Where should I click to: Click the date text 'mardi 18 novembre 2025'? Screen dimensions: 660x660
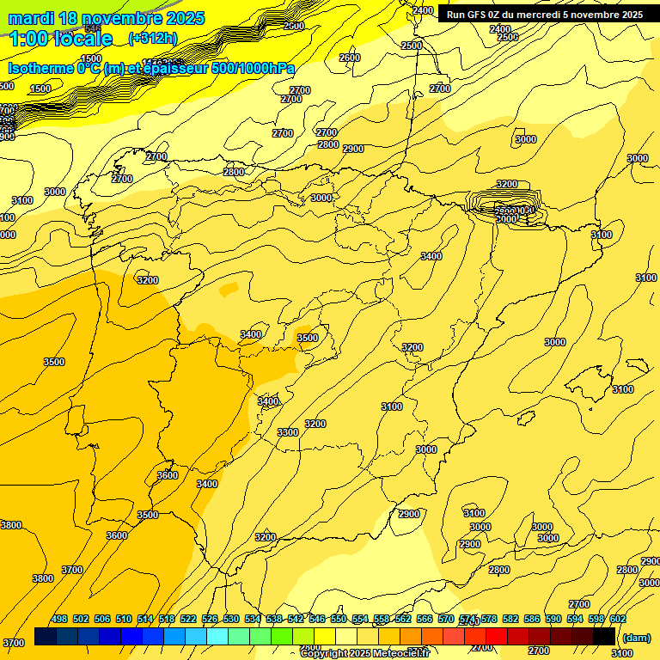click(106, 18)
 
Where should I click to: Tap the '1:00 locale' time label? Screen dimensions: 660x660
click(60, 39)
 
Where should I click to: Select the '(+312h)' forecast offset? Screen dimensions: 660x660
click(153, 39)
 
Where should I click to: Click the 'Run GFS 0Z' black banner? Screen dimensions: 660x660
click(544, 14)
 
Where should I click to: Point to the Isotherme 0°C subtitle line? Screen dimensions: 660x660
click(151, 68)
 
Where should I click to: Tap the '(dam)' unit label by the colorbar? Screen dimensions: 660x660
click(636, 637)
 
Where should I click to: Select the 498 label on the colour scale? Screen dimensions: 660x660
click(59, 619)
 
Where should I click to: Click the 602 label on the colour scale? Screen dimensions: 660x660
click(617, 619)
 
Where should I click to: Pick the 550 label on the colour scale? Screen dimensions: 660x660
click(339, 619)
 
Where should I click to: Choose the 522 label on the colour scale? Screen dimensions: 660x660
click(188, 619)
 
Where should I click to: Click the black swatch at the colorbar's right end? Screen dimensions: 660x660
click(604, 637)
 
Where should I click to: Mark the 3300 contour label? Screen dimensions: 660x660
click(288, 432)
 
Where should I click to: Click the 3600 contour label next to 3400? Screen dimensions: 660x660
click(168, 475)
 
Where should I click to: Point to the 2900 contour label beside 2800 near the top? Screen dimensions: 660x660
click(353, 149)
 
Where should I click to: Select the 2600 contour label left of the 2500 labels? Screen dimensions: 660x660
click(350, 58)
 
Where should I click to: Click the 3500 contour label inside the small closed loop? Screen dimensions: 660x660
click(308, 338)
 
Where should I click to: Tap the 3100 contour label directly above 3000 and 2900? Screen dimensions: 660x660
click(474, 513)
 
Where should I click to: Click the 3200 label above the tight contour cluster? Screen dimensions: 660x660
click(507, 184)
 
